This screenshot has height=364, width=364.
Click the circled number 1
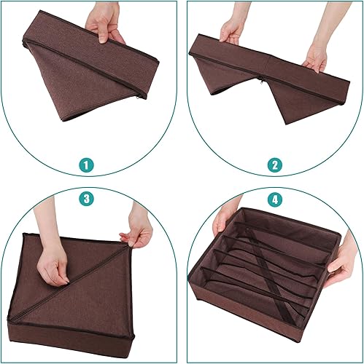click(x=87, y=166)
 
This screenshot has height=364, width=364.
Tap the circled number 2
click(x=276, y=166)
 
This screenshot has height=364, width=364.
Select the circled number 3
click(x=87, y=197)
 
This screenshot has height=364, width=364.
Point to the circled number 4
click(x=276, y=197)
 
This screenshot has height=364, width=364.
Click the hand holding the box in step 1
click(x=104, y=23)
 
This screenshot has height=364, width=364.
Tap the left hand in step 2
click(x=232, y=31)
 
